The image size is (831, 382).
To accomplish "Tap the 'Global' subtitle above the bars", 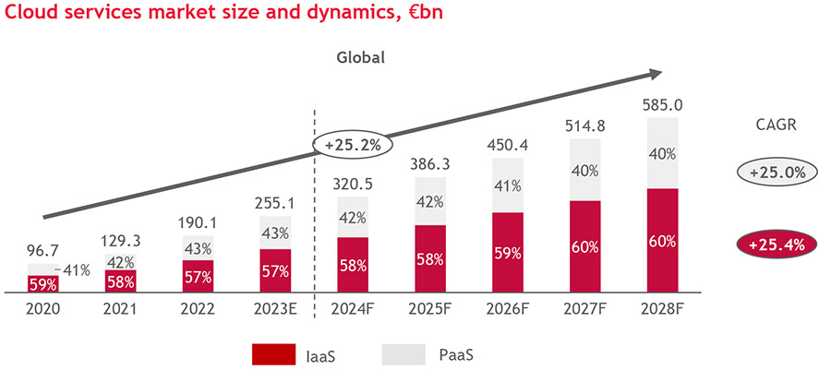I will click(359, 57).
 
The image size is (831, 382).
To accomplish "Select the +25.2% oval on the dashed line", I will click(353, 145).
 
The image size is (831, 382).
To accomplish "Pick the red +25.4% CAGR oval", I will click(777, 245).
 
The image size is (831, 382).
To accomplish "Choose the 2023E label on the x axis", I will click(274, 311).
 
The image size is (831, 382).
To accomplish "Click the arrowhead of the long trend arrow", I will click(654, 74).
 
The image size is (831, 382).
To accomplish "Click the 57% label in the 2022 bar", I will click(196, 277).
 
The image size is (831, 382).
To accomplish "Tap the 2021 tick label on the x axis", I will click(120, 311).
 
